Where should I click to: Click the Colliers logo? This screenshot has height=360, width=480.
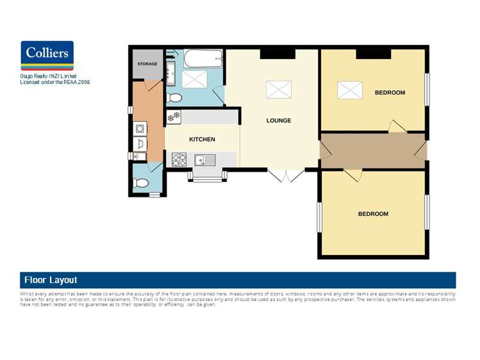(x=47, y=56)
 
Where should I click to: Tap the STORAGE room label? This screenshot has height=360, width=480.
(x=147, y=64)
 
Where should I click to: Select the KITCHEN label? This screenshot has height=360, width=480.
(x=202, y=139)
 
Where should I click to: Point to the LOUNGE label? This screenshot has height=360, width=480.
(x=279, y=120)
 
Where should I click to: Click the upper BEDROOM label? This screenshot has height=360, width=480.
(x=390, y=93)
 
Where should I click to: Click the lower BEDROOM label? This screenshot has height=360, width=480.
(x=373, y=214)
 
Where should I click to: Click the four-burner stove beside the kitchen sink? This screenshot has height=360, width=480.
(x=178, y=158)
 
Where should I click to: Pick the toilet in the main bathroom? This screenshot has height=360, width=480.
(x=174, y=98)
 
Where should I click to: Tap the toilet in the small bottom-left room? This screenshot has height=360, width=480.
(x=142, y=183)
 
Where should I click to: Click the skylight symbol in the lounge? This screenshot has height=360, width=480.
(x=279, y=89)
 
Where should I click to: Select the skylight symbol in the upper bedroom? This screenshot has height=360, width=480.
(x=350, y=90)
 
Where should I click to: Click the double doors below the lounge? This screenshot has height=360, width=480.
(x=286, y=176)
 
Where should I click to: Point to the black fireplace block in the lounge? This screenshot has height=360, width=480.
(x=277, y=54)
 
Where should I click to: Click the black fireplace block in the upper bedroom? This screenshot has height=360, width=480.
(x=373, y=54)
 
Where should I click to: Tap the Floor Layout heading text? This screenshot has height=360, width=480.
(x=51, y=280)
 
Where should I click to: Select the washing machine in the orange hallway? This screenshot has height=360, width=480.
(x=140, y=128)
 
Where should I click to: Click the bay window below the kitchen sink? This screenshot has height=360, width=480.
(x=206, y=176)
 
